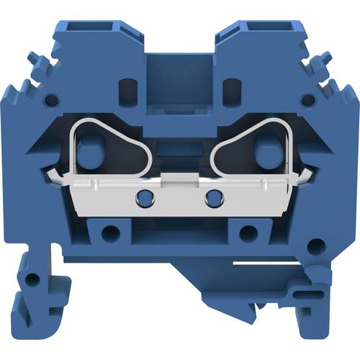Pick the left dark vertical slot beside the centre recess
click(131, 89)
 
